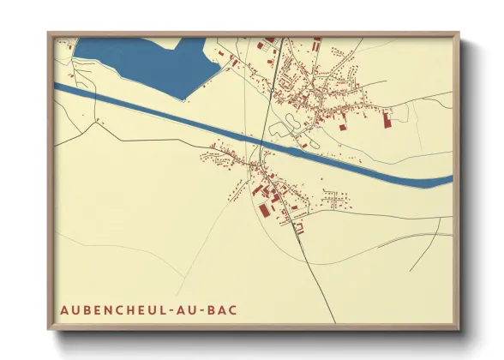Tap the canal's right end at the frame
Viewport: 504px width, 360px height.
coord(451,178)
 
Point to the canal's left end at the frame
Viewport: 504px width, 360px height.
coord(55,86)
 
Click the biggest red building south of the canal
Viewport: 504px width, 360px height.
coord(261,207)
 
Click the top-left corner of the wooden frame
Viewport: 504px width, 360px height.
coord(49,33)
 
